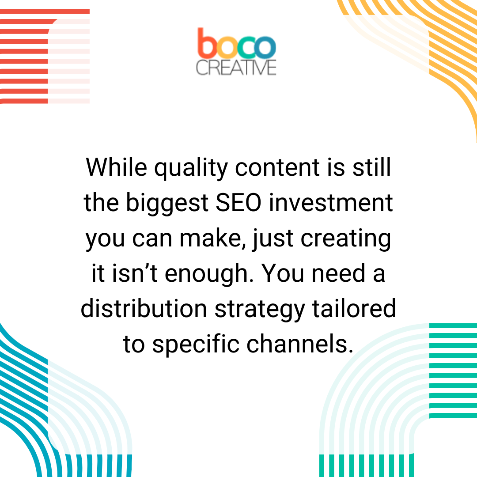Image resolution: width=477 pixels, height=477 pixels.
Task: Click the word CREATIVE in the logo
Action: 236,68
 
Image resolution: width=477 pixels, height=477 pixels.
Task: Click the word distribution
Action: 144,309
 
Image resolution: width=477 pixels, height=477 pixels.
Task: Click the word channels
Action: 300,344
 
